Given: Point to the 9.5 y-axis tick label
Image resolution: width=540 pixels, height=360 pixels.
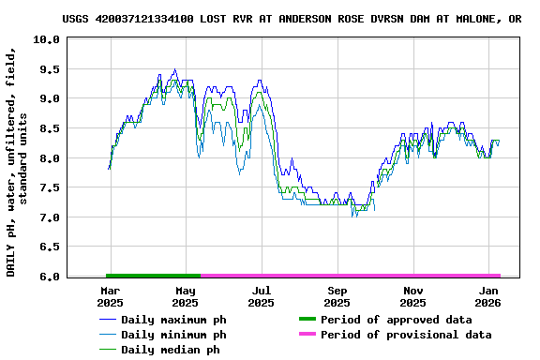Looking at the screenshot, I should coord(51,69).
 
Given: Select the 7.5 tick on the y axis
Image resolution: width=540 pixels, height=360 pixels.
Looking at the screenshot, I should coord(51,187).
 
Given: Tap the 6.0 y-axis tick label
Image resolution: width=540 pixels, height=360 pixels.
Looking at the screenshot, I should coord(51,277).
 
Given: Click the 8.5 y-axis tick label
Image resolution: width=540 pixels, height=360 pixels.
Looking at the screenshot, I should coord(51,128).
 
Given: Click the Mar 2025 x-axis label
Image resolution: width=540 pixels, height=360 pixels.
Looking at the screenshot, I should coord(110,297).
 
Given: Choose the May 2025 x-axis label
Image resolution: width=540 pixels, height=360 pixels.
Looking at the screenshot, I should coord(186,297).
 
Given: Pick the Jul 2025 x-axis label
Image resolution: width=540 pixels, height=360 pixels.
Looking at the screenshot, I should coord(262,297).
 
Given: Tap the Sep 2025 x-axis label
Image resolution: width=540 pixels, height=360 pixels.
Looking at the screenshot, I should coord(337,297).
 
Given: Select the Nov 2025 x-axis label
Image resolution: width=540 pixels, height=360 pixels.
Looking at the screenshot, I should coord(412,297).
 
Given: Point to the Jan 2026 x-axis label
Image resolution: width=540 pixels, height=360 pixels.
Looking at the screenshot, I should coord(488,297).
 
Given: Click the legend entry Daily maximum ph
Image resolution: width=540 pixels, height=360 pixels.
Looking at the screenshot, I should coord(173,320).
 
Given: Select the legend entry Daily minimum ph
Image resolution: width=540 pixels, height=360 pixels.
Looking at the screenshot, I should coord(173,335).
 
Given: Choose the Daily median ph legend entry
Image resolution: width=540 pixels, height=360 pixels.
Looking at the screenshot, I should coord(171,350).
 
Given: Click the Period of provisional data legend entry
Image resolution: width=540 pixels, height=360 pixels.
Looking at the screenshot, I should coord(405,335).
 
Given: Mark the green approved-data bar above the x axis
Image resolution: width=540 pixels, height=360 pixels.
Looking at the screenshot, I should coord(154,276).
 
